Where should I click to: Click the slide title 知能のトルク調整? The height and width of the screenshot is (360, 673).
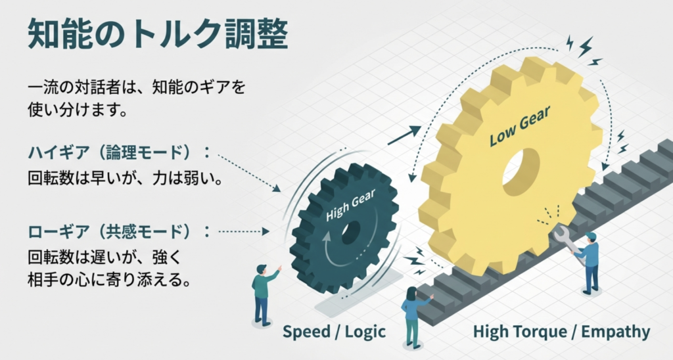(158, 34)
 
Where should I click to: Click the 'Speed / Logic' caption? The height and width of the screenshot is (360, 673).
(335, 332)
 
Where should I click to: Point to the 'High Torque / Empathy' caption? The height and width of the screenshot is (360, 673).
(561, 332)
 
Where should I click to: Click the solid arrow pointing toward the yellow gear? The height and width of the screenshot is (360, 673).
(403, 135)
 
